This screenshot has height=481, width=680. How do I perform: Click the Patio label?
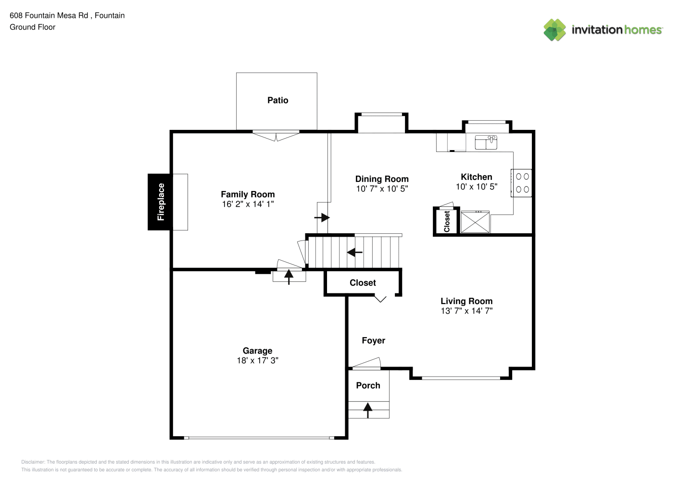[277, 100]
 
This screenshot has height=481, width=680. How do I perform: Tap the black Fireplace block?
[160, 202]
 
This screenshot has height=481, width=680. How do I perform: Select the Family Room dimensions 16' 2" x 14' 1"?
[248, 204]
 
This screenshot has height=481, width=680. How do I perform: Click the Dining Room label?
[382, 179]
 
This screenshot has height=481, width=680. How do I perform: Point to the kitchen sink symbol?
[486, 142]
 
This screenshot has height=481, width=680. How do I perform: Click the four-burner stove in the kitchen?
[521, 183]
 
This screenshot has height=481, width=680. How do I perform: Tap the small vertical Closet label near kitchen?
[447, 221]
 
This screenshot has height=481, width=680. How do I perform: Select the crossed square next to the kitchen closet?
[475, 222]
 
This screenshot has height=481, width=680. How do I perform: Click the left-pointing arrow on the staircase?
[354, 252]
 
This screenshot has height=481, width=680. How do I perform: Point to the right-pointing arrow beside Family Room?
[322, 217]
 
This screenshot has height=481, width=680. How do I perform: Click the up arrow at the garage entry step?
[289, 277]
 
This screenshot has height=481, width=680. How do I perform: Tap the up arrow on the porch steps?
[367, 410]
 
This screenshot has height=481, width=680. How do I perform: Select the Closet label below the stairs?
[363, 283]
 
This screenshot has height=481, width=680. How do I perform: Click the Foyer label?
[373, 341]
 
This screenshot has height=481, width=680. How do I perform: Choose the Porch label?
[368, 385]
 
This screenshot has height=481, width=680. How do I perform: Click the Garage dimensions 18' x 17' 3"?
[257, 360]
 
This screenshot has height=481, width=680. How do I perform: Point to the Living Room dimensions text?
[466, 311]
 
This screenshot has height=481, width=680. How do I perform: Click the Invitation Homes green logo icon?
[554, 30]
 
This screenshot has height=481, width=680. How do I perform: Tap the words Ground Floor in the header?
[33, 27]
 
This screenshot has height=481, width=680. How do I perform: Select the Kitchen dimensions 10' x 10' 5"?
[476, 187]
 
